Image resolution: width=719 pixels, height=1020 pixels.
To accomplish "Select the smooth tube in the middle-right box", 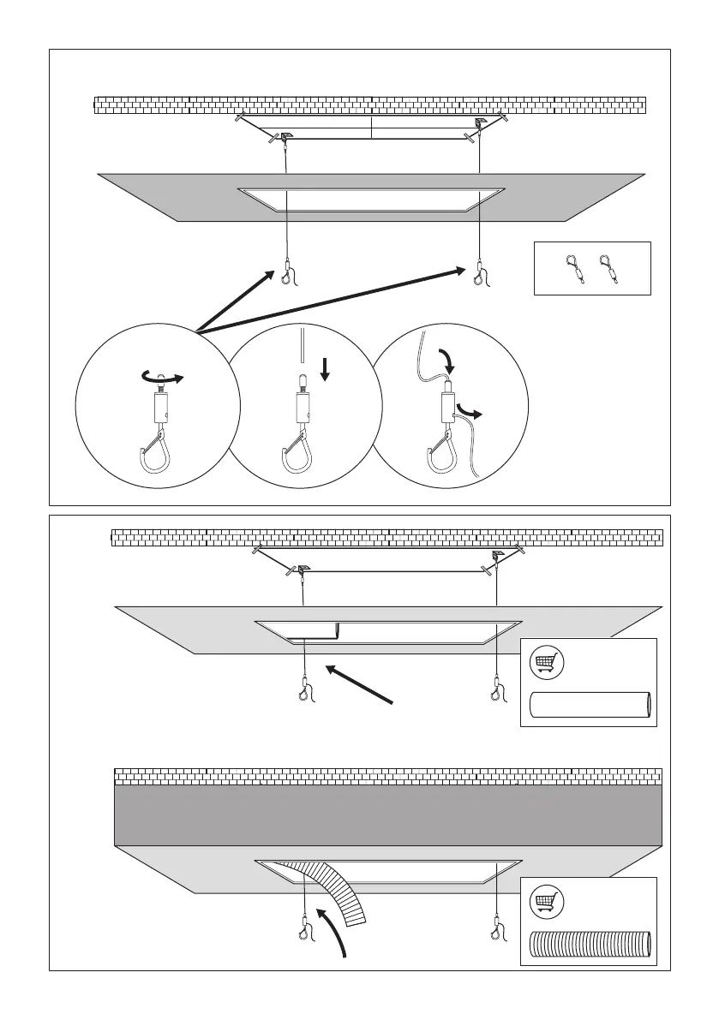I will coord(590,705).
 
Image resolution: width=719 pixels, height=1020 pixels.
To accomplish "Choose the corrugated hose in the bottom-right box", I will coord(590,945).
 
